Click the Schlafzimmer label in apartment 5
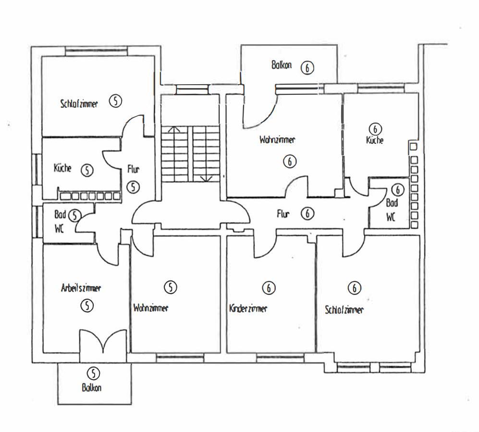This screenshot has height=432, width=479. [x=79, y=103]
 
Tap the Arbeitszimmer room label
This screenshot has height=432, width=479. [x=81, y=289]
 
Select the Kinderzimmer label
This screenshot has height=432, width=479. [x=248, y=308]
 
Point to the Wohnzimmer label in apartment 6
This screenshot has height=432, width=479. [x=277, y=140]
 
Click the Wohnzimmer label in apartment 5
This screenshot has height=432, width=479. [x=151, y=308]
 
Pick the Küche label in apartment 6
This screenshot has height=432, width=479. [x=374, y=141]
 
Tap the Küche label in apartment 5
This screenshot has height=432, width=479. [x=62, y=168]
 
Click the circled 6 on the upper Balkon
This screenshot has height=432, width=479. [x=307, y=68]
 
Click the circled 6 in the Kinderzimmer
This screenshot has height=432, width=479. [x=269, y=288]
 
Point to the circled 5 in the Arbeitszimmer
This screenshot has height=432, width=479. [x=86, y=305]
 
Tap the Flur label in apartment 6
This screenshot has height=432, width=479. [x=283, y=214]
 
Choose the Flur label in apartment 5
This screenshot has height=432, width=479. [x=134, y=169]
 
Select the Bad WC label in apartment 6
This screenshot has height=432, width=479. [x=391, y=210]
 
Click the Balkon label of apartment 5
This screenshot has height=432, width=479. [x=91, y=388]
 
